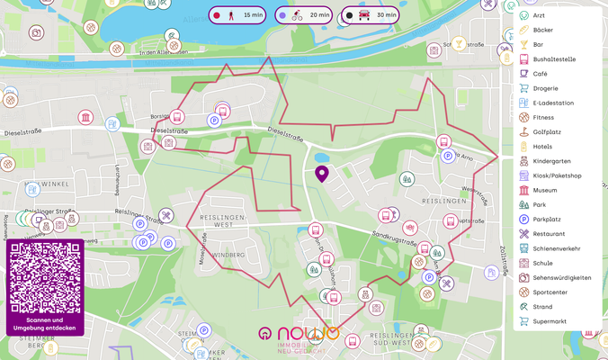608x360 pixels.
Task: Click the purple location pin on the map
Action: [x=321, y=173]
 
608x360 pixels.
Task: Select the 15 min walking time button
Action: [x=237, y=15]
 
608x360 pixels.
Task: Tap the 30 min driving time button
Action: [x=370, y=15]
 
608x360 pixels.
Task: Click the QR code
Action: [x=45, y=277]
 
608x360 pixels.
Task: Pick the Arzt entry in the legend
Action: [x=540, y=15]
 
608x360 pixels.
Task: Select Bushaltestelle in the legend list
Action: [x=553, y=59]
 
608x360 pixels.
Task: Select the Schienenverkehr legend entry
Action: [x=557, y=247]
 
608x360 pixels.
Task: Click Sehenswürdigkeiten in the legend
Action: [x=561, y=277]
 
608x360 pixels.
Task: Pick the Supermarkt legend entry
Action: [x=550, y=320]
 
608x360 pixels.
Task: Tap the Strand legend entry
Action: [x=542, y=306]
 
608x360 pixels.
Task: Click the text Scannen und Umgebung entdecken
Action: [x=45, y=324]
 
